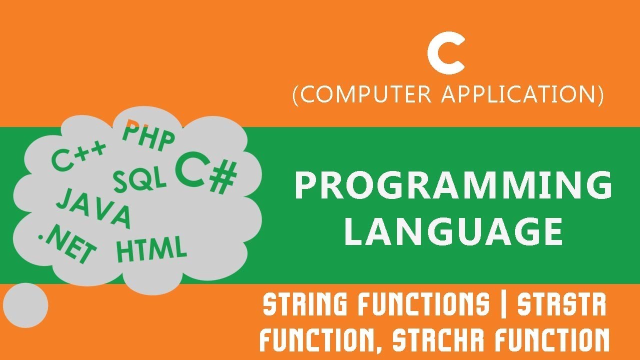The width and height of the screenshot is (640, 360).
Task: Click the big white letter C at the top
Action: click(446, 56)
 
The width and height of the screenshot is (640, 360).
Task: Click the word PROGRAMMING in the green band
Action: click(453, 185)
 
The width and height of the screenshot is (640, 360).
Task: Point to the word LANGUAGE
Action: click(453, 231)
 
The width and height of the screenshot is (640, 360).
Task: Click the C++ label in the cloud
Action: click(79, 155)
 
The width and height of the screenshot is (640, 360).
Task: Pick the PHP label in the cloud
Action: click(148, 135)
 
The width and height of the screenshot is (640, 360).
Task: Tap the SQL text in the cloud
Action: click(140, 179)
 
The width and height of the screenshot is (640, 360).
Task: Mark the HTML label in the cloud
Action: click(151, 250)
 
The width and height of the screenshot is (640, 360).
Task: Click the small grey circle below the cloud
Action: click(25, 305)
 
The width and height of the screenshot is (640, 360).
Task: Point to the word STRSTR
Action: click(561, 305)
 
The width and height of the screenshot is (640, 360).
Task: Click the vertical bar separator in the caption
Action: click(503, 305)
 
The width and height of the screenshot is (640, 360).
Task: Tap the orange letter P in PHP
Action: click(131, 130)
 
